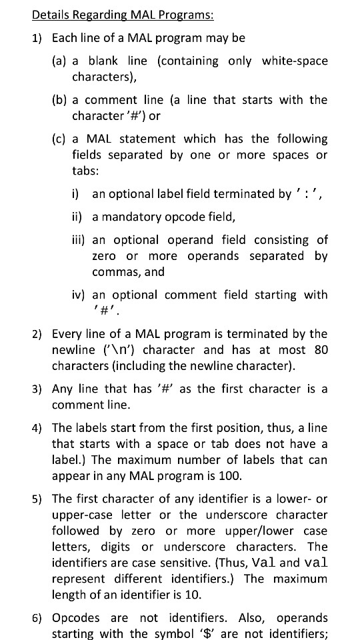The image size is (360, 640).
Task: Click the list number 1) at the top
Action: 37,37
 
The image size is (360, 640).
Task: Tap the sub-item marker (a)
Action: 59,61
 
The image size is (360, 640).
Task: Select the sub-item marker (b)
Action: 59,100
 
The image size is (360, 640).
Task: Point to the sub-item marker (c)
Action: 59,139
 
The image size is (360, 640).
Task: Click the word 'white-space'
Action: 295,61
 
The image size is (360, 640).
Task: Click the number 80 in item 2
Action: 320,350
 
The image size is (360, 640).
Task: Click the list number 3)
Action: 37,389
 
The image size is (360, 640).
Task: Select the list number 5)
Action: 37,499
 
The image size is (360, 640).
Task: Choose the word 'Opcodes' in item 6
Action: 74,617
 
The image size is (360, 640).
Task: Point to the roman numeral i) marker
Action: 76,194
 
